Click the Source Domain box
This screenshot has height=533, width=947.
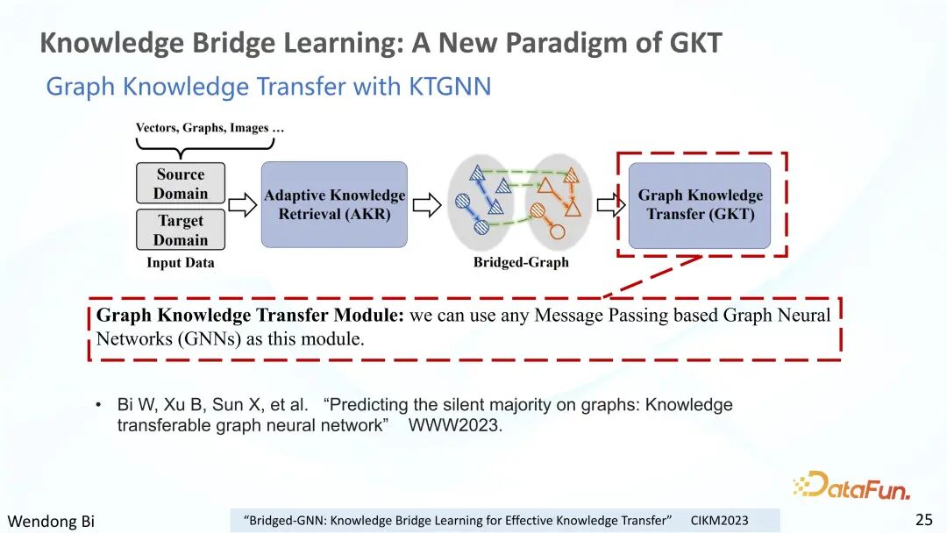(181, 183)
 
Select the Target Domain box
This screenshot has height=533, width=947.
(181, 230)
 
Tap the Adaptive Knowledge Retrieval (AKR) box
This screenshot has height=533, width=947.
(334, 204)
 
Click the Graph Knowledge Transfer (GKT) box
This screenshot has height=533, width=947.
(700, 205)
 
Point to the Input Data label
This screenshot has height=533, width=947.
(181, 263)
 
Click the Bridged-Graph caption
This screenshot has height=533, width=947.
(521, 262)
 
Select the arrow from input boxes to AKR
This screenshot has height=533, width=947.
(242, 205)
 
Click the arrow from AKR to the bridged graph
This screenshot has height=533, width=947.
(427, 205)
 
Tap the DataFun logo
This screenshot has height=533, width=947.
(851, 486)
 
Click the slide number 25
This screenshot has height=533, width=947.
(924, 520)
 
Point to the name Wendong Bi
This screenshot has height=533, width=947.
(51, 521)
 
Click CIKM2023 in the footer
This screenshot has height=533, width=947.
(719, 521)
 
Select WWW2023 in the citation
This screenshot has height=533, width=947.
(455, 425)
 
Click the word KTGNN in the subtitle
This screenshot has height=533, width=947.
(450, 86)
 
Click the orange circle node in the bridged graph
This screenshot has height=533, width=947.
(557, 231)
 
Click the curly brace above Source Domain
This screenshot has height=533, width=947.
(204, 145)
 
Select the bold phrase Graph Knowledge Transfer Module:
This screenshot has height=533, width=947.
(250, 315)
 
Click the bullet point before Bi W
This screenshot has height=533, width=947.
(98, 404)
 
